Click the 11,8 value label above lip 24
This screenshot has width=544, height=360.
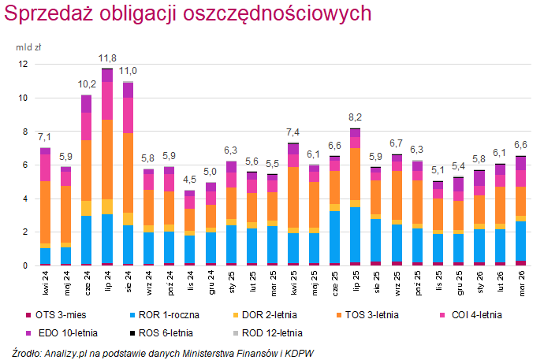pos(107,58)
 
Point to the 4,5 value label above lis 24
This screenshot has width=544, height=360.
pos(190,180)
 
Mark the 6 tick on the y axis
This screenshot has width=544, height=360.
pos(24,165)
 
